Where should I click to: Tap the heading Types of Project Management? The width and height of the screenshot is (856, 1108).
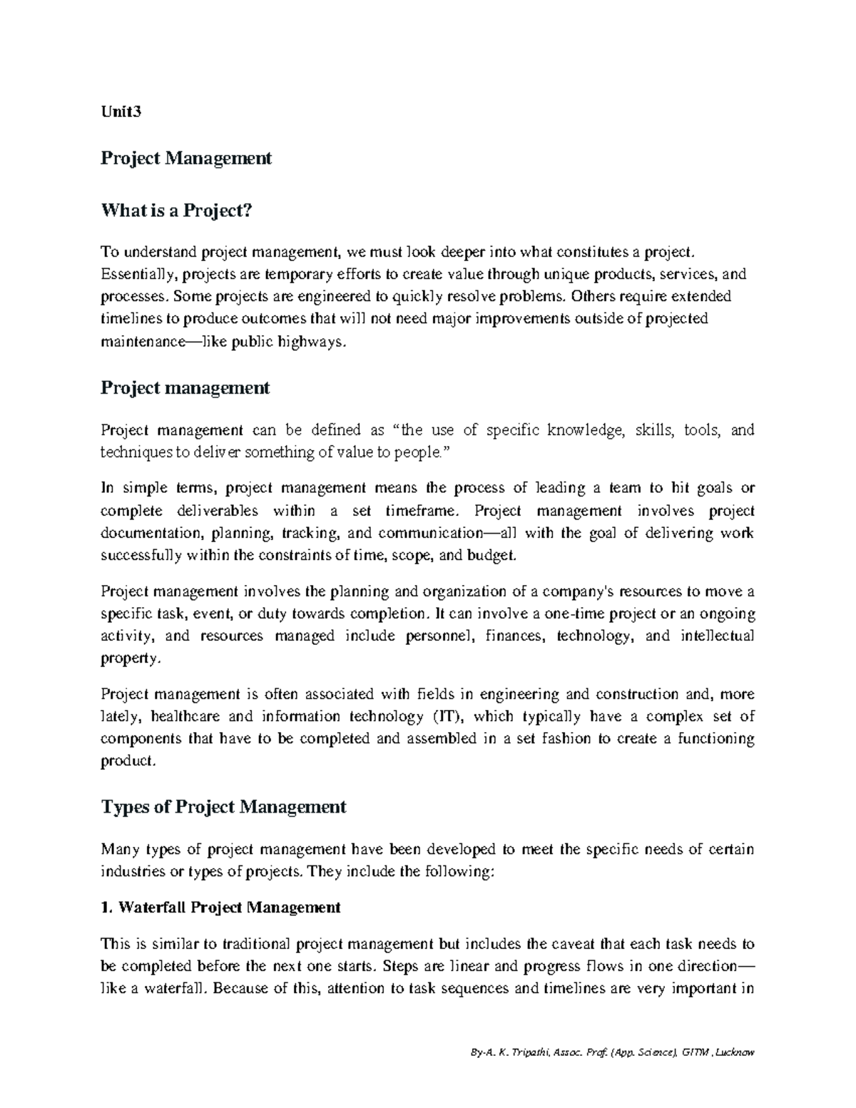(223, 807)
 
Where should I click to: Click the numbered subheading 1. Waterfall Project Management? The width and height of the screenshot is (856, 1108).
(220, 908)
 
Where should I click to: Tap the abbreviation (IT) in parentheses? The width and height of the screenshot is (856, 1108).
(447, 716)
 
